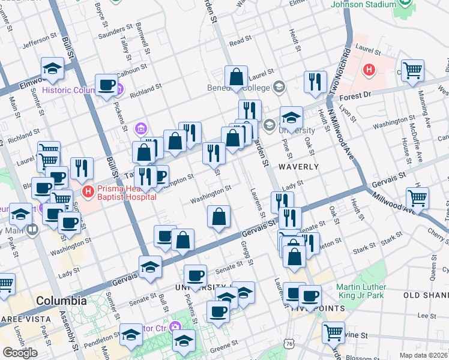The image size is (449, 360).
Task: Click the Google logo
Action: (20, 353)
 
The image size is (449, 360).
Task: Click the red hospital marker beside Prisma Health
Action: (88, 192)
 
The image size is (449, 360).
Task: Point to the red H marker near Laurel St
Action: (369, 70)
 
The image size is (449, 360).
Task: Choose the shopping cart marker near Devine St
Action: (333, 332)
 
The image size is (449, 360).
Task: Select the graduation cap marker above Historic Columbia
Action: (53, 68)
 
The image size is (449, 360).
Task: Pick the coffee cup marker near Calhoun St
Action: (106, 84)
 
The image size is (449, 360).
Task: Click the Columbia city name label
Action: (61, 300)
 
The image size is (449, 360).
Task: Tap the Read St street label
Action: (240, 41)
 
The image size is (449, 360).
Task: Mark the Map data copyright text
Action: (424, 355)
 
